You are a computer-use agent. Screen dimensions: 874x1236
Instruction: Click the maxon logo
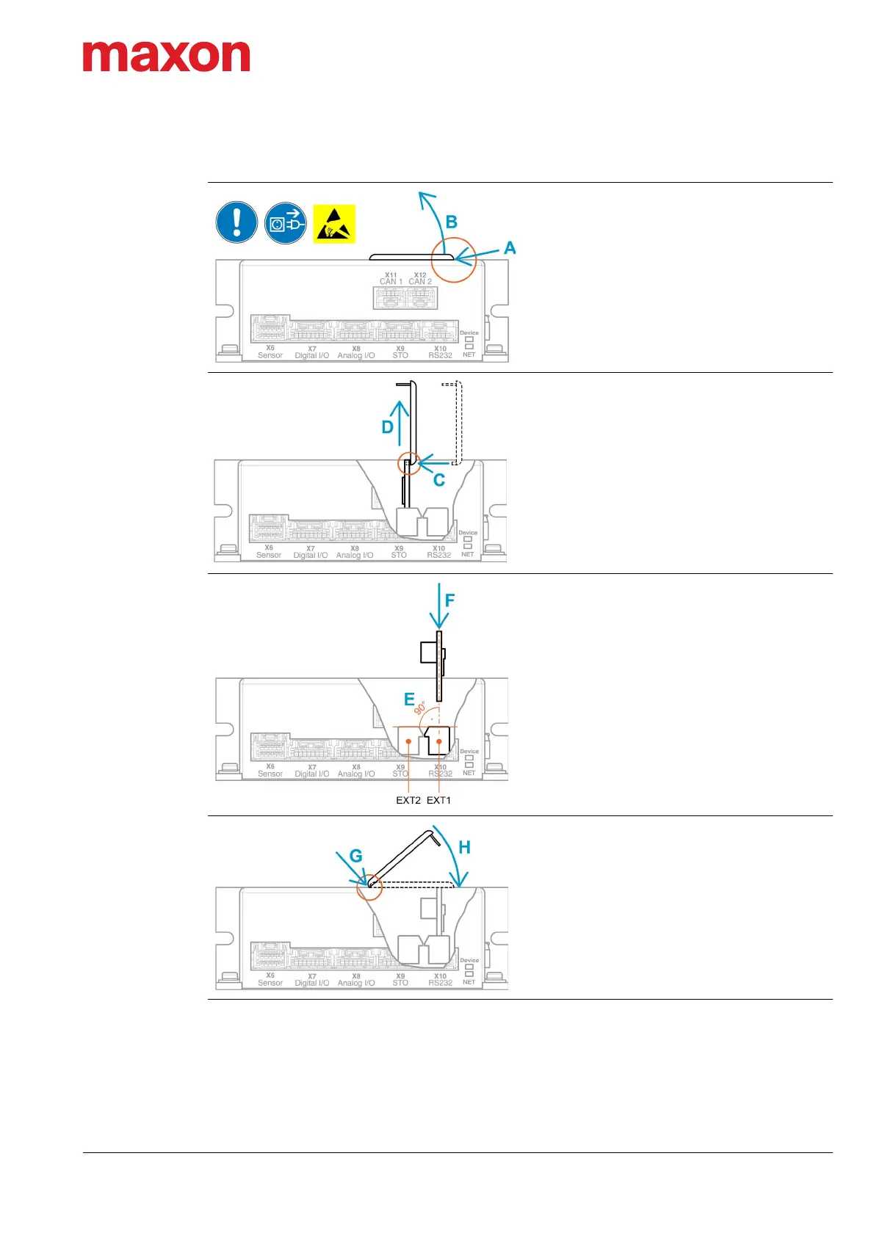[166, 57]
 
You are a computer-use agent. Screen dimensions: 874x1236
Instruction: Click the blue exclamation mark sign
[236, 222]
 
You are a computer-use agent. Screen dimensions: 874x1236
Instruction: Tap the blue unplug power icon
[285, 223]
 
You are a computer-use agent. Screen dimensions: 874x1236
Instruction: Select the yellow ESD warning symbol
[334, 224]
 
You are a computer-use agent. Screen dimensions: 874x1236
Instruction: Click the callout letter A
[510, 248]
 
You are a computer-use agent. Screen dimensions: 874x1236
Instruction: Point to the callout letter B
[452, 222]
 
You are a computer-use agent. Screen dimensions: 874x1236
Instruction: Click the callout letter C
[439, 480]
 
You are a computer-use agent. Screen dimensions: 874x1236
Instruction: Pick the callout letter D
[388, 427]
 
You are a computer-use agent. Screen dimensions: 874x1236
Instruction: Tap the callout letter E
[409, 699]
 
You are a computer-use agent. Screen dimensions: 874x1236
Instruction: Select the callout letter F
[450, 600]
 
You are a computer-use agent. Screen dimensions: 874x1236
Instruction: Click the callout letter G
[356, 856]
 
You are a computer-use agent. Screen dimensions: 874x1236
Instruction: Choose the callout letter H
[464, 847]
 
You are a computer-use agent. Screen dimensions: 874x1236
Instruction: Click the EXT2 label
[408, 800]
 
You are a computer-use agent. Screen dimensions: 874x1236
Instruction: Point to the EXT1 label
[439, 800]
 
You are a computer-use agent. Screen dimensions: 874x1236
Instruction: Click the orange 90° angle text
[420, 708]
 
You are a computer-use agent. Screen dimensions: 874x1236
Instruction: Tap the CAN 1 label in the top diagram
[391, 281]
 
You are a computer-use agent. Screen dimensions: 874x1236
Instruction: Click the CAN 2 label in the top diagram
[420, 281]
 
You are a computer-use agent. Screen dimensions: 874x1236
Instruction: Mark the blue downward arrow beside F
[439, 606]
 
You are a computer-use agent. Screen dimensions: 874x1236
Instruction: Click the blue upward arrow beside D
[400, 423]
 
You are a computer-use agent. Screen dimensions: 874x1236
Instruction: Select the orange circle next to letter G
[369, 887]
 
